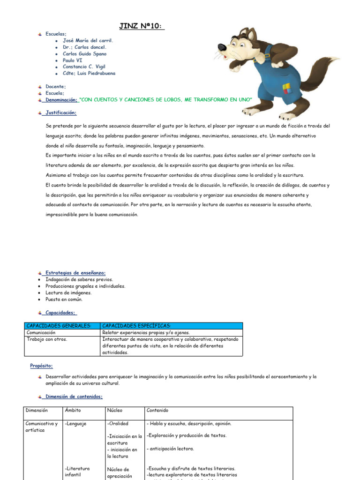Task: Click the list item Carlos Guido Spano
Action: (x=84, y=54)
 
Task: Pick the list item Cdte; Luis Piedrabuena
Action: (x=89, y=74)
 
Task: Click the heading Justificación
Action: (x=61, y=113)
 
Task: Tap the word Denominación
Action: (x=61, y=100)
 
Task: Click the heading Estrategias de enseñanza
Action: (x=75, y=273)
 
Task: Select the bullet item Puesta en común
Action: (x=64, y=300)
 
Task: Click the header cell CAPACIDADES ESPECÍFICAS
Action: (x=136, y=326)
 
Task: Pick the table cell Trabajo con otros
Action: (x=47, y=339)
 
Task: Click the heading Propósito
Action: (x=42, y=366)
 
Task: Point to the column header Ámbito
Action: (x=73, y=410)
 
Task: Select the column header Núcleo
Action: (x=115, y=410)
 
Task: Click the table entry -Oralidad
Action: (x=118, y=424)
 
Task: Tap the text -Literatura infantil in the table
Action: (x=77, y=472)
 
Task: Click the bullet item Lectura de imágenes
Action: (x=68, y=293)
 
